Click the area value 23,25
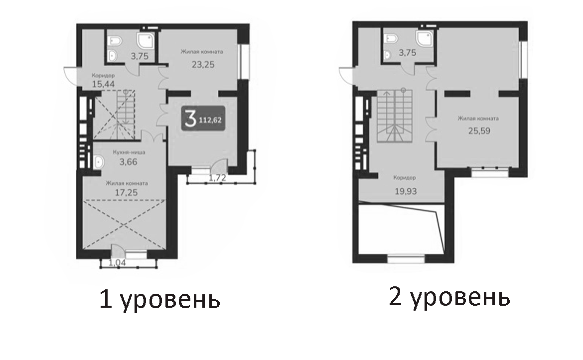(203, 64)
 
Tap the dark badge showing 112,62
(202, 119)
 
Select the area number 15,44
(103, 84)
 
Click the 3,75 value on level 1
(140, 56)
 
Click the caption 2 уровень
(449, 298)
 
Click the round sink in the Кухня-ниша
(98, 161)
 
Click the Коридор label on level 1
(103, 75)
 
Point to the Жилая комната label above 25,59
(478, 119)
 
